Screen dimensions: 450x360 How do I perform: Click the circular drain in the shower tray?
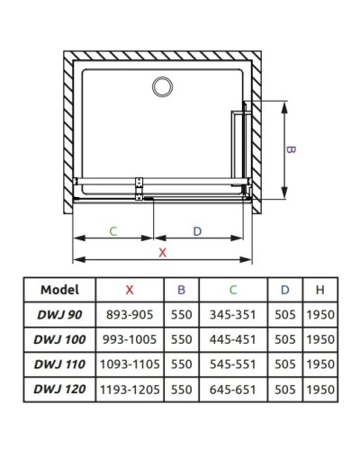click(163, 86)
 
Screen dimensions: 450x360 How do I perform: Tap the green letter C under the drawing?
click(112, 231)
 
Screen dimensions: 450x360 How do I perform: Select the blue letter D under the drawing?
click(197, 231)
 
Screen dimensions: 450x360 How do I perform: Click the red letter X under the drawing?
click(162, 253)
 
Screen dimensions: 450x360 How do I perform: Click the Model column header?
click(60, 290)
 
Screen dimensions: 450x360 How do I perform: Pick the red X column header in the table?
click(130, 290)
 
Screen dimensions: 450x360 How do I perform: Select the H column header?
click(319, 290)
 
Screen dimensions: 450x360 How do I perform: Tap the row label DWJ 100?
click(60, 340)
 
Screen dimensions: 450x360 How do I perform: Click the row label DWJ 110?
click(60, 365)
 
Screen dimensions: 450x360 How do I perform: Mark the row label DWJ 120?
click(60, 390)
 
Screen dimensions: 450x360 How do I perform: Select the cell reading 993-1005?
click(130, 340)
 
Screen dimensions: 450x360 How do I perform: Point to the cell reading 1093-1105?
click(130, 365)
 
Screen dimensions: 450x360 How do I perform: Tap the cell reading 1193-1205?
click(130, 390)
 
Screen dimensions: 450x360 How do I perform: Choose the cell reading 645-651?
click(233, 390)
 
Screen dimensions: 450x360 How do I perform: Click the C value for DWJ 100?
click(233, 340)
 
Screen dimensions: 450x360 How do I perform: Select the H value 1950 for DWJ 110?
click(319, 365)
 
